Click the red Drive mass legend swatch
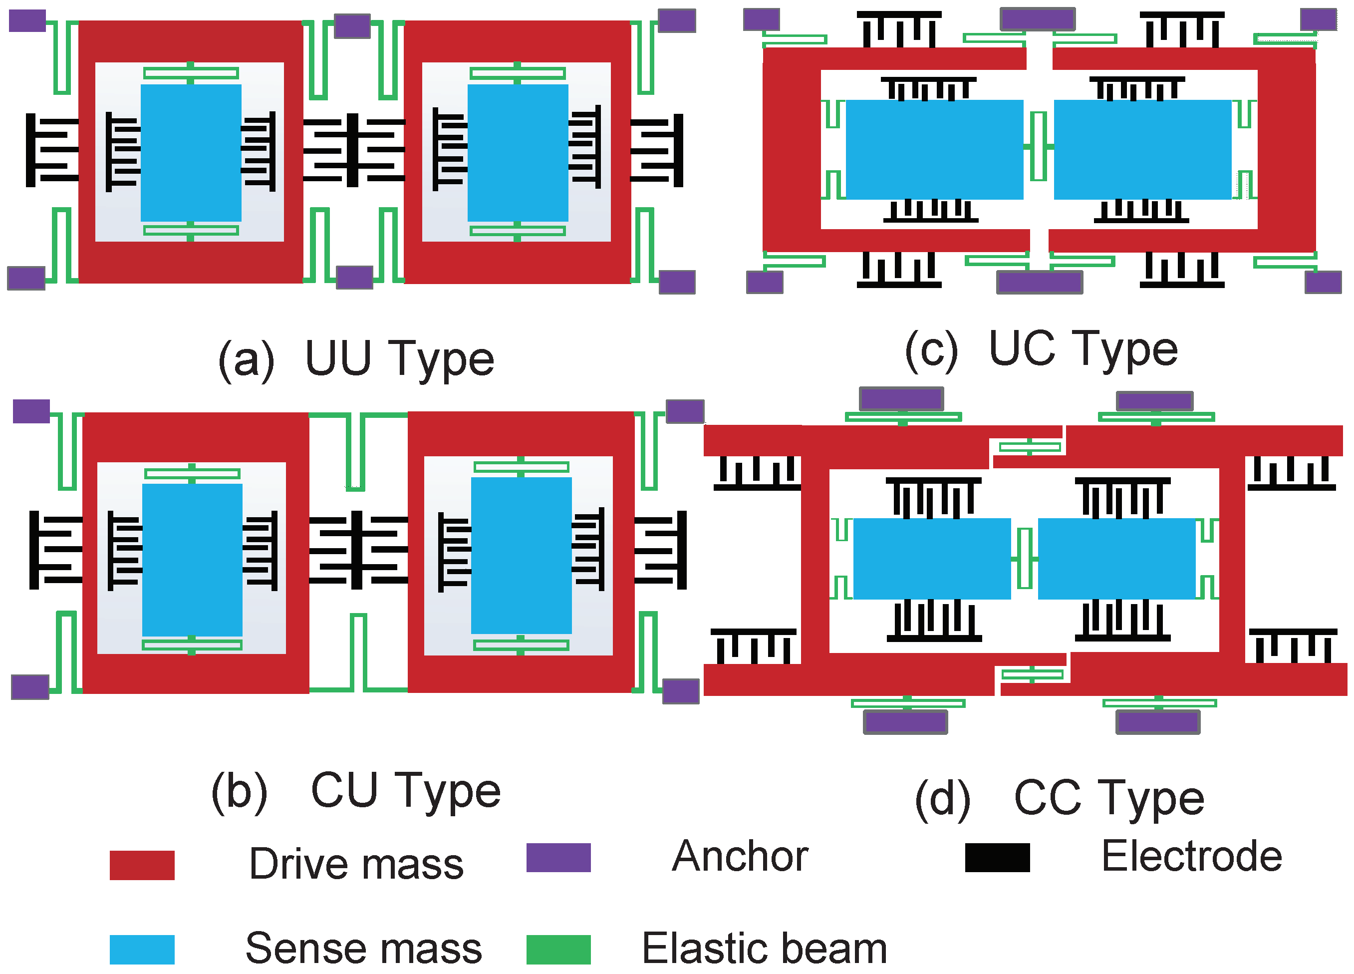point(142,865)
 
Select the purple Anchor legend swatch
point(558,858)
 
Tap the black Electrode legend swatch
point(997,858)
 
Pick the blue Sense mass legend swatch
point(142,950)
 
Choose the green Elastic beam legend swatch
point(558,950)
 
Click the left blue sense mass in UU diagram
point(191,153)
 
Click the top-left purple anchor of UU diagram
point(27,21)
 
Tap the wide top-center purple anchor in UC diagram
point(1038,19)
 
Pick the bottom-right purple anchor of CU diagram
point(681,691)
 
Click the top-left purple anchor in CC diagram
point(901,398)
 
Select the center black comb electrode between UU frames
point(353,150)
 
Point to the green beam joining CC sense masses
point(1025,558)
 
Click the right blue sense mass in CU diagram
point(521,555)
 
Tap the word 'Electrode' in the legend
point(1192,856)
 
